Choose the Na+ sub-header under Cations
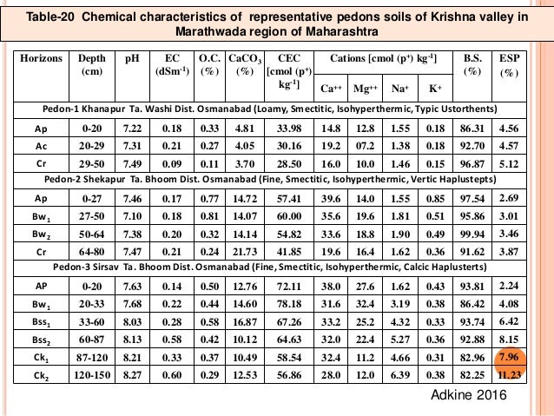tap(399, 88)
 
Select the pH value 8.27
tap(131, 375)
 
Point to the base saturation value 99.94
tap(478, 234)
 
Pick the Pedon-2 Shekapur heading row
tap(276, 180)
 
